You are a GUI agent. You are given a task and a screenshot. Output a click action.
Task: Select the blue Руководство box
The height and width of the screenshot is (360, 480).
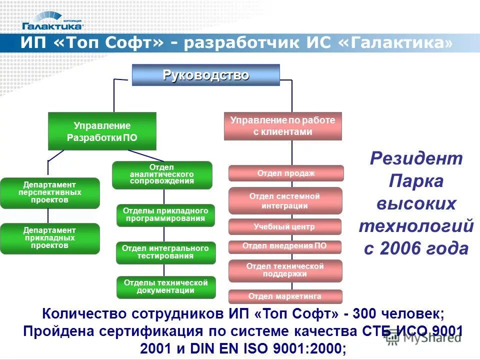point(205,75)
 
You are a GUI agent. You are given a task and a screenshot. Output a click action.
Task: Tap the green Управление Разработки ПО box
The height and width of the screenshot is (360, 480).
point(102,131)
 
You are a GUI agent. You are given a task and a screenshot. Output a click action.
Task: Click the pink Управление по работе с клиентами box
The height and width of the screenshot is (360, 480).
point(282,126)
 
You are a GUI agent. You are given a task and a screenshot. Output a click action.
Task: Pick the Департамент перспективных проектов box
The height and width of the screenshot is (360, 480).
point(49,192)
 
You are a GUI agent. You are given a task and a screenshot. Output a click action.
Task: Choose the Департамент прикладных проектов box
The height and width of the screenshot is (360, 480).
point(49,238)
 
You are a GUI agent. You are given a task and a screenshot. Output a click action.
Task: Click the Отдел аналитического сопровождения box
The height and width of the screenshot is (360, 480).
point(162,174)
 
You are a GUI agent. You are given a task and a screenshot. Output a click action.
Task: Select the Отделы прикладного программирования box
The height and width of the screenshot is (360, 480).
point(165,215)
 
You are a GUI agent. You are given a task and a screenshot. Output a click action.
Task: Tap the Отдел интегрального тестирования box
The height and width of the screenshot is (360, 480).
point(165,252)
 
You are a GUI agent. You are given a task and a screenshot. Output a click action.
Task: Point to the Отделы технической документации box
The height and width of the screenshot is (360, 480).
point(165,287)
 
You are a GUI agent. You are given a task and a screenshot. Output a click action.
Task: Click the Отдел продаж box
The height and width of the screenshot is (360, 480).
point(286,173)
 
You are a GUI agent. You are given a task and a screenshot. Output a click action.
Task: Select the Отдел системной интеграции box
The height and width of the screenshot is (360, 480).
point(285,200)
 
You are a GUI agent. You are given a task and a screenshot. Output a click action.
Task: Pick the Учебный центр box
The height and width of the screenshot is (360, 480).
point(284,226)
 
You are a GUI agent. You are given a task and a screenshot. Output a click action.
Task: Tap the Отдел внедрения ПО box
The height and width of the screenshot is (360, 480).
point(284,246)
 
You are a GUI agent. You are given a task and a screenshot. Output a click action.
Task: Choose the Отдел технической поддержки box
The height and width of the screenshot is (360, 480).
point(285,270)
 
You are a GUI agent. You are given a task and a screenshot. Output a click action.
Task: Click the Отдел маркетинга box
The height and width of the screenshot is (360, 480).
point(285,296)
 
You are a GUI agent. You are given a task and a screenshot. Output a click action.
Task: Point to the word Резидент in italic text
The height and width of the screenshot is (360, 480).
point(416,159)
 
